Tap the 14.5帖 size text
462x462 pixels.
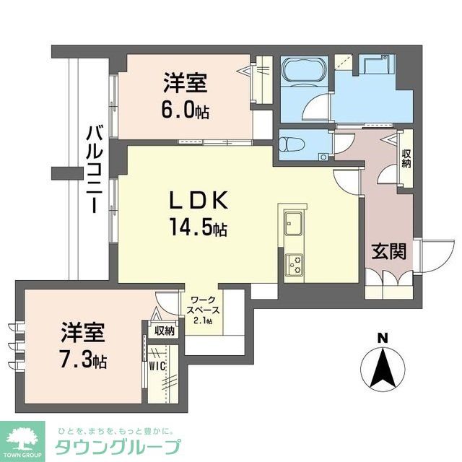pos(200,229)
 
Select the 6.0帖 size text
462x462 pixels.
pos(186,111)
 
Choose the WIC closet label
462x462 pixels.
pos(158,365)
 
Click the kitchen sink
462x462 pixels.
pos(295,223)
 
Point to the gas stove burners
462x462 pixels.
pos(295,265)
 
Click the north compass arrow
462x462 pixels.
pos(382,367)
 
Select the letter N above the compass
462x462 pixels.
pos(383,336)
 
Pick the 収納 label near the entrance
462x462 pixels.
pos(406,158)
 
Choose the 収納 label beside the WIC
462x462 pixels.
pos(164,331)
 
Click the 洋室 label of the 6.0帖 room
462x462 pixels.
pos(186,84)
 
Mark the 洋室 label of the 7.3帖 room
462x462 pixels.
pos(83,334)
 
